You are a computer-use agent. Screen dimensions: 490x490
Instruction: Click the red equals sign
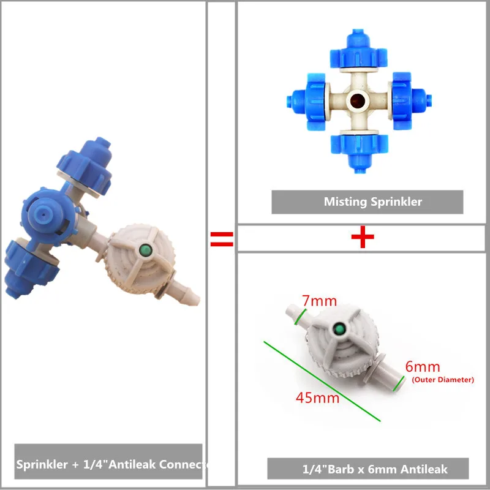coord(222,239)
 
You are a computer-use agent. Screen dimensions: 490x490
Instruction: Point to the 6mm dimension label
coord(423,367)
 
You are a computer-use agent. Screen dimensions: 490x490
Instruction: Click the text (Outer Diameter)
coord(443,380)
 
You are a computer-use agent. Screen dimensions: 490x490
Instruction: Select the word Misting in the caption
coord(344,202)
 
